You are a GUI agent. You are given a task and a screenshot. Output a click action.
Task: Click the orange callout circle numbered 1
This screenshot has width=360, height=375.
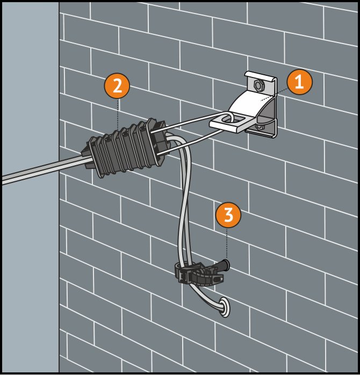299,82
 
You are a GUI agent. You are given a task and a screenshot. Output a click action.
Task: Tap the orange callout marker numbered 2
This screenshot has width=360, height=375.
117,86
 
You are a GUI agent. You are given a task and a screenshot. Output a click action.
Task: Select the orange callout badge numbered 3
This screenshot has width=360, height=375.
228,214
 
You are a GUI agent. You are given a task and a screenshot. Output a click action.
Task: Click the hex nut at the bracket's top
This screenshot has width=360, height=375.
258,85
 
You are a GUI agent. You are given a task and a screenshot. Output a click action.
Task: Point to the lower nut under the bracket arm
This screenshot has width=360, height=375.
260,126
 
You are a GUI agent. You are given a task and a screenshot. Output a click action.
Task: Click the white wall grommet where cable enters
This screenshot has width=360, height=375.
224,307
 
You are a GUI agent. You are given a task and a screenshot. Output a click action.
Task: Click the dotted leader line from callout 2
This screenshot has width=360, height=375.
117,114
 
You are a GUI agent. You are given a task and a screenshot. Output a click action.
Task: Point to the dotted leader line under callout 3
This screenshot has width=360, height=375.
227,243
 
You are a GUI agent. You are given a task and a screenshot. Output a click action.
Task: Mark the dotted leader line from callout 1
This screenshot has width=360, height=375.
274,95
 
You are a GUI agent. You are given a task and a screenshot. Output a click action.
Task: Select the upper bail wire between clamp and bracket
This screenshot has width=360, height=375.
189,122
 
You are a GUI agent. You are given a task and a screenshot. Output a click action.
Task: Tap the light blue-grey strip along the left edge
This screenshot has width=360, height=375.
30,187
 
